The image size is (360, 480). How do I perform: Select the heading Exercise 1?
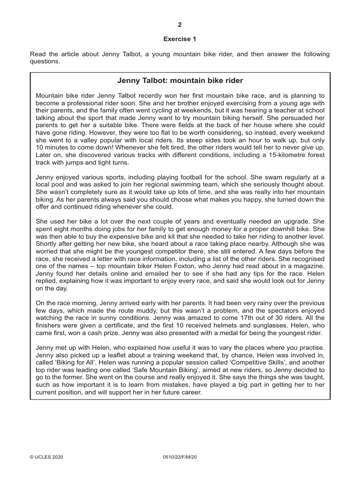pos(180,40)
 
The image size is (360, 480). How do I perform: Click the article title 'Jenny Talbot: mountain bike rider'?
pos(180,81)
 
